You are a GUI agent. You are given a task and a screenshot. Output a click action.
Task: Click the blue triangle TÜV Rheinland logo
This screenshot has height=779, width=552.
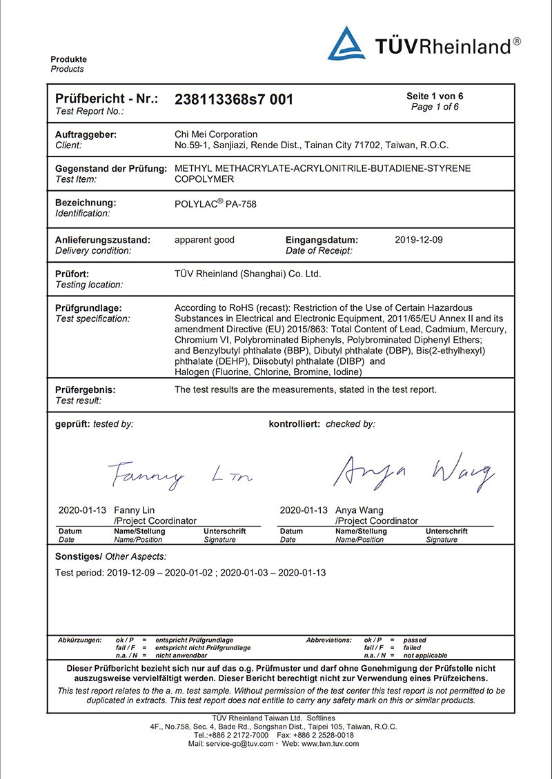pos(346,43)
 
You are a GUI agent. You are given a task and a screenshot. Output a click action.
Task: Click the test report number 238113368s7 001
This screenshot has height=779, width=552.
pos(234,99)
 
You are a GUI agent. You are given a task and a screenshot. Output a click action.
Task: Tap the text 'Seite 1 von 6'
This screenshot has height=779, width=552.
pos(435,96)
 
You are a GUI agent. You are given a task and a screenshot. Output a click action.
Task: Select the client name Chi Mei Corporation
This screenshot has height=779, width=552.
pos(216,134)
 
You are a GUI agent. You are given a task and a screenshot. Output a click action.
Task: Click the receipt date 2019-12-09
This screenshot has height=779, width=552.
pos(419,240)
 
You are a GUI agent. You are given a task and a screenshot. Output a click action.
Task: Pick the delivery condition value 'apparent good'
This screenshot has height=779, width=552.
pos(204,240)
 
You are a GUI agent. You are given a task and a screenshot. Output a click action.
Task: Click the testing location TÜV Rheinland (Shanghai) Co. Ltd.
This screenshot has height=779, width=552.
pos(248,274)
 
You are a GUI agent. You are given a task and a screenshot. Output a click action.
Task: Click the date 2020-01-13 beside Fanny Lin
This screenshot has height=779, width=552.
pos(82,511)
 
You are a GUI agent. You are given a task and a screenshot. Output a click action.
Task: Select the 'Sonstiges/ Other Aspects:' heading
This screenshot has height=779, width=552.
pos(110,556)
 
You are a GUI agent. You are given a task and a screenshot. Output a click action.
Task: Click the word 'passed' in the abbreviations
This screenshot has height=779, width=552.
pos(415,640)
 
